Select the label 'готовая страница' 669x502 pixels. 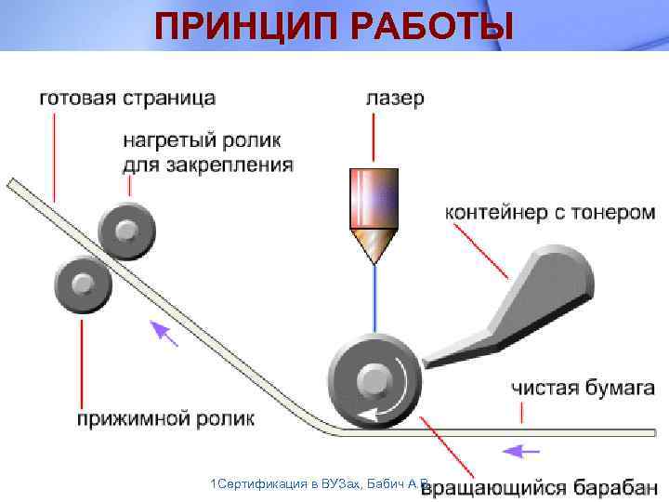pyautogui.click(x=126, y=98)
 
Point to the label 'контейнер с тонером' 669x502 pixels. pyautogui.click(x=550, y=212)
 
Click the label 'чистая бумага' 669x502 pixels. pyautogui.click(x=583, y=387)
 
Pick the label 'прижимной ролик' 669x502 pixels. pyautogui.click(x=165, y=418)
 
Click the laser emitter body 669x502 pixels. pyautogui.click(x=374, y=201)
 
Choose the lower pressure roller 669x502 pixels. pyautogui.click(x=83, y=281)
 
